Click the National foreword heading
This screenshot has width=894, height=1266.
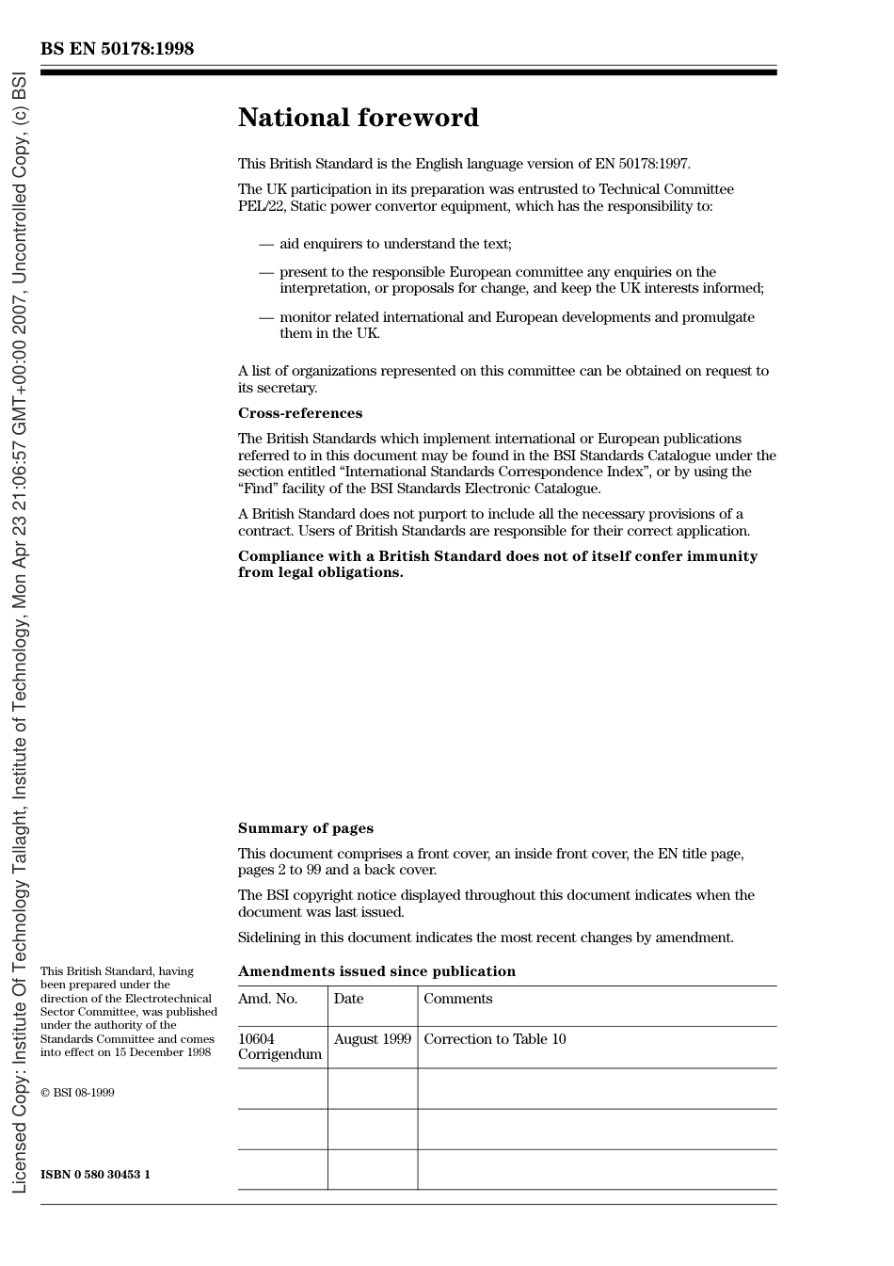tap(358, 118)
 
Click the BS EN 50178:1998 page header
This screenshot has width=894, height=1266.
tap(117, 49)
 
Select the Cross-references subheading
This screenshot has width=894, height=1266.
tap(299, 413)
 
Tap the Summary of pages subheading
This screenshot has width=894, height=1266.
tap(305, 828)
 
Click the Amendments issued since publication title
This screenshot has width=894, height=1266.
tap(376, 971)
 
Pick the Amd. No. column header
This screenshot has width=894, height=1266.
tap(267, 999)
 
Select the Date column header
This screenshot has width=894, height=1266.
tap(348, 999)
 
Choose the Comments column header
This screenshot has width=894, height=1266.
tap(457, 999)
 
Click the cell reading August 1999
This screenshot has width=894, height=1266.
tap(372, 1039)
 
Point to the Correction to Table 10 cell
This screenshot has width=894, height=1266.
tap(494, 1039)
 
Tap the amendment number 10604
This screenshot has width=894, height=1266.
tap(256, 1039)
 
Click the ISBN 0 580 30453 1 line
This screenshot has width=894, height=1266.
tap(95, 1174)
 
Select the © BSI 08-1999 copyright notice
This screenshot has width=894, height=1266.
tap(77, 1093)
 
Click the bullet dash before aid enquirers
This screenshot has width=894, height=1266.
tap(266, 245)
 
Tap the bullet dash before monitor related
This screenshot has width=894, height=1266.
tap(266, 318)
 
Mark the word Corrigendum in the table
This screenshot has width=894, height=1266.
tap(279, 1054)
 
